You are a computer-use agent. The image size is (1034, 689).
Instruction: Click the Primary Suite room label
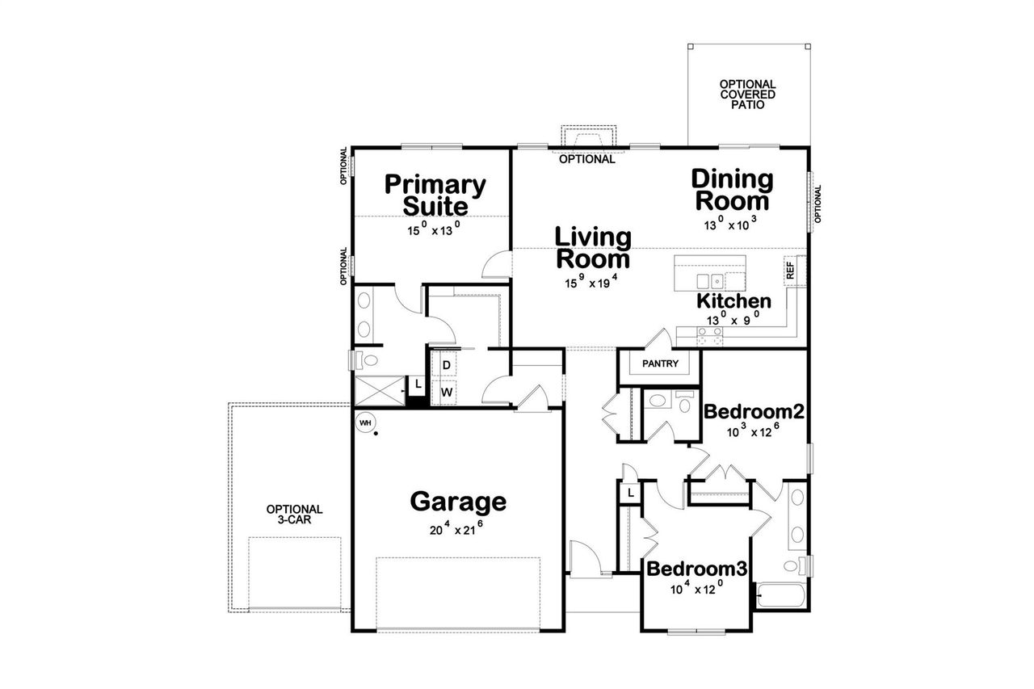pyautogui.click(x=435, y=195)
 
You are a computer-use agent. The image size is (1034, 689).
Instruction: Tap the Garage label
pyautogui.click(x=458, y=502)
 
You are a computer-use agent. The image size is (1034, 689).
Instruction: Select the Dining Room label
pyautogui.click(x=732, y=190)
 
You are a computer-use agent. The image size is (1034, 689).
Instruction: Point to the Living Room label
pyautogui.click(x=592, y=248)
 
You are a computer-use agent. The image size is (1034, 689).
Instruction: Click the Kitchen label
pyautogui.click(x=733, y=301)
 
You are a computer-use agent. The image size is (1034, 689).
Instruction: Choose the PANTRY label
pyautogui.click(x=660, y=363)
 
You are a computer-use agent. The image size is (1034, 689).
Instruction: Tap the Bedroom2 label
pyautogui.click(x=754, y=411)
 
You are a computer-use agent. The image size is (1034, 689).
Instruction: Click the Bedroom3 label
pyautogui.click(x=697, y=569)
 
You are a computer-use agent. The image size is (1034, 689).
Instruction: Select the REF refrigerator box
pyautogui.click(x=790, y=270)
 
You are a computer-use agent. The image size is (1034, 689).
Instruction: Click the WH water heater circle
pyautogui.click(x=364, y=422)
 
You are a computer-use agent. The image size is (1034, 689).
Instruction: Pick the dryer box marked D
pyautogui.click(x=444, y=365)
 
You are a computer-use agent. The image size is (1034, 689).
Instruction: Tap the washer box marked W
pyautogui.click(x=444, y=393)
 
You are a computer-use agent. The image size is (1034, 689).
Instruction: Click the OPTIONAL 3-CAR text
pyautogui.click(x=295, y=515)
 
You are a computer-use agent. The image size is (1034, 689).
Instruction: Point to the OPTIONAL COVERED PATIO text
pyautogui.click(x=747, y=94)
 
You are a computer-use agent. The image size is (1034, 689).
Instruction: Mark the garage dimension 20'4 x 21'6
pyautogui.click(x=457, y=529)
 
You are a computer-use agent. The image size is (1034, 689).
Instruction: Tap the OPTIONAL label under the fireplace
pyautogui.click(x=587, y=159)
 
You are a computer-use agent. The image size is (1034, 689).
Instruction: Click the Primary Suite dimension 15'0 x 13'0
pyautogui.click(x=433, y=229)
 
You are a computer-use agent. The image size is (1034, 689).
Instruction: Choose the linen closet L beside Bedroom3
pyautogui.click(x=629, y=493)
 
